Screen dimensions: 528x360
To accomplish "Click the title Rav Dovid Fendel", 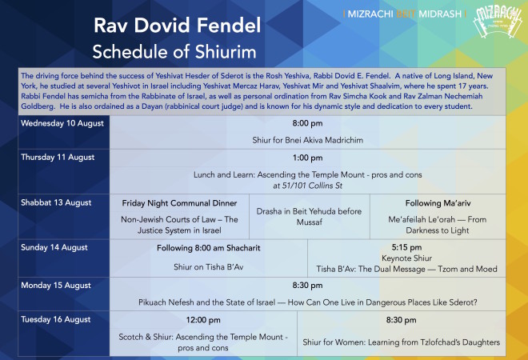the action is point(177,26).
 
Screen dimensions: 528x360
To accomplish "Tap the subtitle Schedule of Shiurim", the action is point(174,52).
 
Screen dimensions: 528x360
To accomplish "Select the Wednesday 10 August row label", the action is point(62,123).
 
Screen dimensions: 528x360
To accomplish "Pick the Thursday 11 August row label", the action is point(58,158).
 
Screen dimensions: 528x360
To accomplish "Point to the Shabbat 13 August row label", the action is point(56,202).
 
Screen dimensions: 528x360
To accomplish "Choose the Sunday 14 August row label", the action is point(54,247).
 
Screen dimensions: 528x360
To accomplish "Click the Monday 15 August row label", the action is point(56,286).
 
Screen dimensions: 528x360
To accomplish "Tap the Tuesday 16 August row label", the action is point(55,319).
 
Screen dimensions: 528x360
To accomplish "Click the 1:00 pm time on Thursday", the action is point(307,158).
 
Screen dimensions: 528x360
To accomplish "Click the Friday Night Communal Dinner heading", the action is point(179,203).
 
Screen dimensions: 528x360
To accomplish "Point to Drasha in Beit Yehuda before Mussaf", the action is point(309,217).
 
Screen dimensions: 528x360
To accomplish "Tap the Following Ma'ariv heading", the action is point(438,203).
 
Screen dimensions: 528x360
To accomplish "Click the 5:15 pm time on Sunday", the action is point(406,247).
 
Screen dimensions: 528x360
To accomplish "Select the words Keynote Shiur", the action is point(406,258).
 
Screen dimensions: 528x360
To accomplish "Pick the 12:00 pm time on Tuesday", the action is point(203,320).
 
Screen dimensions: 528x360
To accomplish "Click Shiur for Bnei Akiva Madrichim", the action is point(307,140).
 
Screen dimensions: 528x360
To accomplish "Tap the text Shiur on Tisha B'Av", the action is point(209,267).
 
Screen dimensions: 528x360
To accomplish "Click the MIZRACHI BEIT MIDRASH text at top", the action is point(405,14).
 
